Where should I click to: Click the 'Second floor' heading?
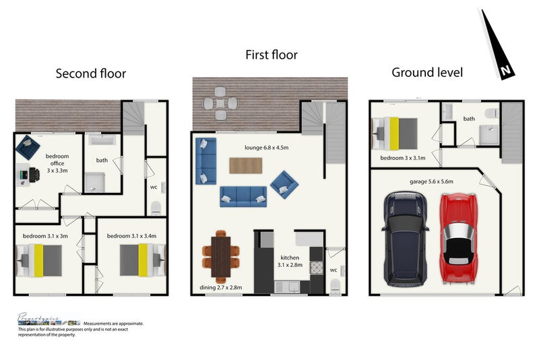(x=90, y=73)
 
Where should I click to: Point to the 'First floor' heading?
(x=272, y=55)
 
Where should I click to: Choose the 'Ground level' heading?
(x=427, y=72)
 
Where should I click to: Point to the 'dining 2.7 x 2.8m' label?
(x=221, y=288)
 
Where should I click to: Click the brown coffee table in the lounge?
(x=246, y=165)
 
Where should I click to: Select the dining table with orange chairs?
(x=220, y=256)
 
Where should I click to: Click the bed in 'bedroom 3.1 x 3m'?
(x=39, y=260)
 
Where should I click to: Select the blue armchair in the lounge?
(x=284, y=181)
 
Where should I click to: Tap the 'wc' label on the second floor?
(x=154, y=187)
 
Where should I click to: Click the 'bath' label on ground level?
(x=469, y=119)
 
